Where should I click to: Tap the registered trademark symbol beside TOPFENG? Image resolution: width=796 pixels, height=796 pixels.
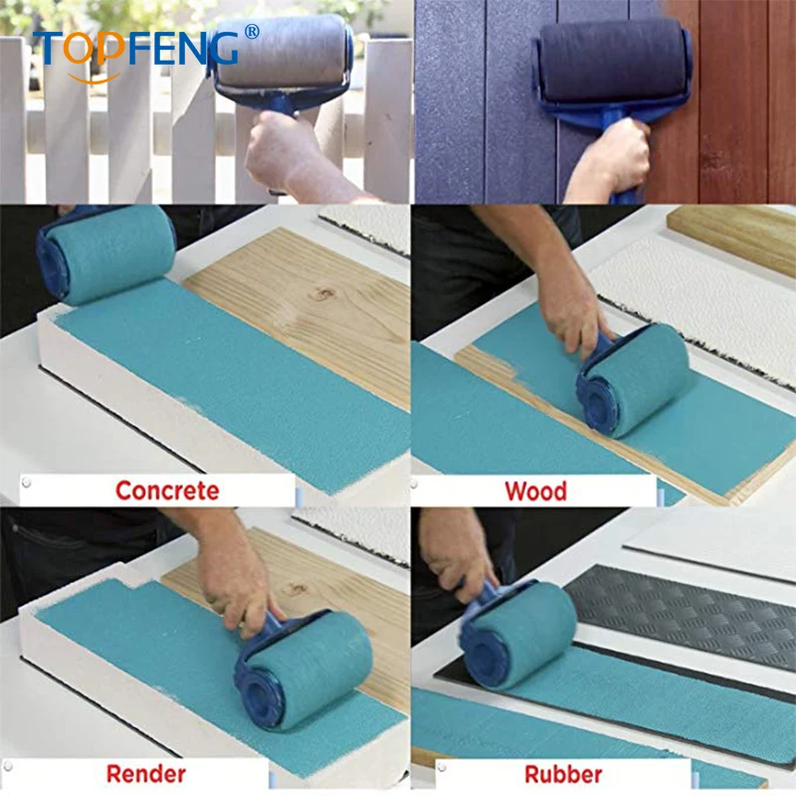(252, 32)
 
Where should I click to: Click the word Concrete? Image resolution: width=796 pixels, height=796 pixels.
(166, 491)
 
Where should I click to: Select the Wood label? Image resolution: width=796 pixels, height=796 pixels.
(535, 491)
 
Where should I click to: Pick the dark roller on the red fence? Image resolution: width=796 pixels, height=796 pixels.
(613, 62)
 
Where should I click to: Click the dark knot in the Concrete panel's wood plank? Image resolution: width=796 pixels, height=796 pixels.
(324, 295)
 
